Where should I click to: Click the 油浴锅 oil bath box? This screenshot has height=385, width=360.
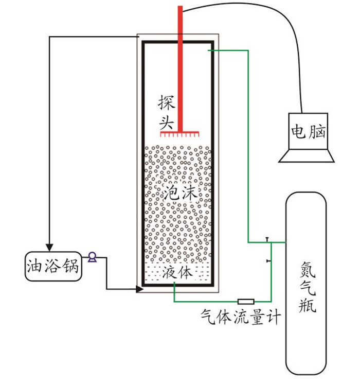53,266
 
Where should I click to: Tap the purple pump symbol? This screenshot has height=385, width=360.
92,257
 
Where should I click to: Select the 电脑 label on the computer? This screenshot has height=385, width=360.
308,131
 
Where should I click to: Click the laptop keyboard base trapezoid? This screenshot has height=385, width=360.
307,155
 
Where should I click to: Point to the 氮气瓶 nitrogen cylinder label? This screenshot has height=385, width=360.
307,287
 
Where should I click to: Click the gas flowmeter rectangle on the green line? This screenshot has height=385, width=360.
246,301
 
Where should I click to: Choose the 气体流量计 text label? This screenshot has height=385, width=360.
241,317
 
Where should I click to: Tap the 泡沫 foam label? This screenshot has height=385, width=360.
181,192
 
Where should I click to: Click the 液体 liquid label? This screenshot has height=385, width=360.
177,272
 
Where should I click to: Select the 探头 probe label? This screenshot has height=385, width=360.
167,112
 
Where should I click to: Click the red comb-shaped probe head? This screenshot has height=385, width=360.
179,134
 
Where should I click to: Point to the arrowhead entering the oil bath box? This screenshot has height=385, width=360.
49,248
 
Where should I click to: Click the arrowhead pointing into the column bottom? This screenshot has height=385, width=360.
139,289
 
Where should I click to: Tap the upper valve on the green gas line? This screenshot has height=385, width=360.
267,239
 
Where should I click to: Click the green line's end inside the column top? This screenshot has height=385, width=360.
209,50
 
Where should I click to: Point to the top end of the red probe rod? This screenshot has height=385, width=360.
180,6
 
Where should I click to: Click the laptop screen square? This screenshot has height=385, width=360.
308,131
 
